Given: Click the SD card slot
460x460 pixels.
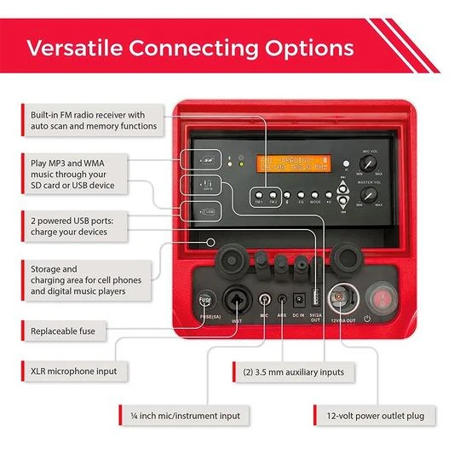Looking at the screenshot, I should click(208, 159).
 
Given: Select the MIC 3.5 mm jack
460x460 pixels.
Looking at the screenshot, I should click(265, 300).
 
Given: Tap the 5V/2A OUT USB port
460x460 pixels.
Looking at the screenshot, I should click(316, 299).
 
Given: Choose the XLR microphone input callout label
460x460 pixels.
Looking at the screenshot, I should click(68, 372).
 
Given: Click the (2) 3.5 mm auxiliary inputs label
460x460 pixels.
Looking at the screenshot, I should click(293, 372).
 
